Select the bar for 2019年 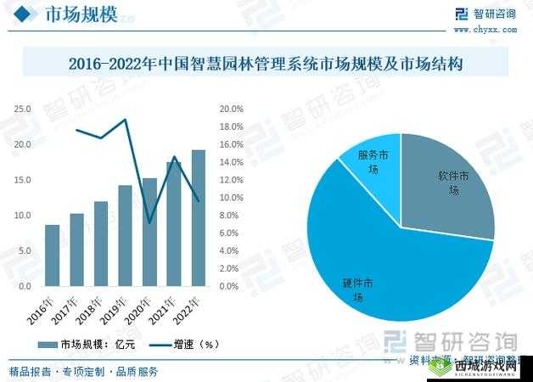coord(125,235)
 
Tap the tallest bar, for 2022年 coord(198,218)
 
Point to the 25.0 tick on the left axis coord(23,110)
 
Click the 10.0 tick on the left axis coord(23,216)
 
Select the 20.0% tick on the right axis coord(232,110)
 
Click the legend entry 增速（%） coord(184,345)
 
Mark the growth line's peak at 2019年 coord(126,120)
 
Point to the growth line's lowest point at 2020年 coord(149,223)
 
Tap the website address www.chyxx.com coord(485,29)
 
